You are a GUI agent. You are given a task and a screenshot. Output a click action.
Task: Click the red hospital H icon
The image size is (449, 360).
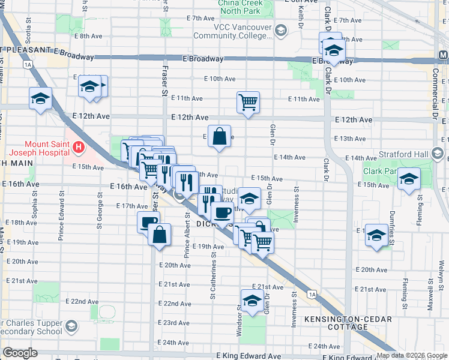(x=77, y=146)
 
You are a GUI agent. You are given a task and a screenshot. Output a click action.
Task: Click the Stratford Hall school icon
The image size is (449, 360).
(x=438, y=155)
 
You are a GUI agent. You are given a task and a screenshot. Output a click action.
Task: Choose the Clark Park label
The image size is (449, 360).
(x=381, y=172)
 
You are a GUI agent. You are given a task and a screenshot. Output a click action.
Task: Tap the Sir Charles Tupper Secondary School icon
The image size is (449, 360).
(x=71, y=326)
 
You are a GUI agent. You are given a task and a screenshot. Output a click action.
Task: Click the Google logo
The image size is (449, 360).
(x=20, y=353)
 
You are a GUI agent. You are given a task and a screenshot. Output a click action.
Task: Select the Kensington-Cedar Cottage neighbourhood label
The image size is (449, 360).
(x=344, y=323)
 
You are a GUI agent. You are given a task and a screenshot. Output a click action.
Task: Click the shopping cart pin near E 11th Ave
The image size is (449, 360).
(x=248, y=101)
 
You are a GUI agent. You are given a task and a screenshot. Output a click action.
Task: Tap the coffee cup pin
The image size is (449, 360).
(x=222, y=212)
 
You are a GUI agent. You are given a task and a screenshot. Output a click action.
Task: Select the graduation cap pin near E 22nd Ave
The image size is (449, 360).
(x=252, y=299)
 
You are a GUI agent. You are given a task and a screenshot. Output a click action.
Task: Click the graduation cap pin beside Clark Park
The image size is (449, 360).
(x=409, y=179)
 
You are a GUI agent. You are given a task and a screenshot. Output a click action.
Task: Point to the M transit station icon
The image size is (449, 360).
(x=443, y=55)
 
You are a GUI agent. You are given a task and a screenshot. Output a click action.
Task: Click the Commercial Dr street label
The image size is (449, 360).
(x=435, y=90)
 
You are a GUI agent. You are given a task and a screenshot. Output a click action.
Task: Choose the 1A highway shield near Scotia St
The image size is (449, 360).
(x=28, y=64)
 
